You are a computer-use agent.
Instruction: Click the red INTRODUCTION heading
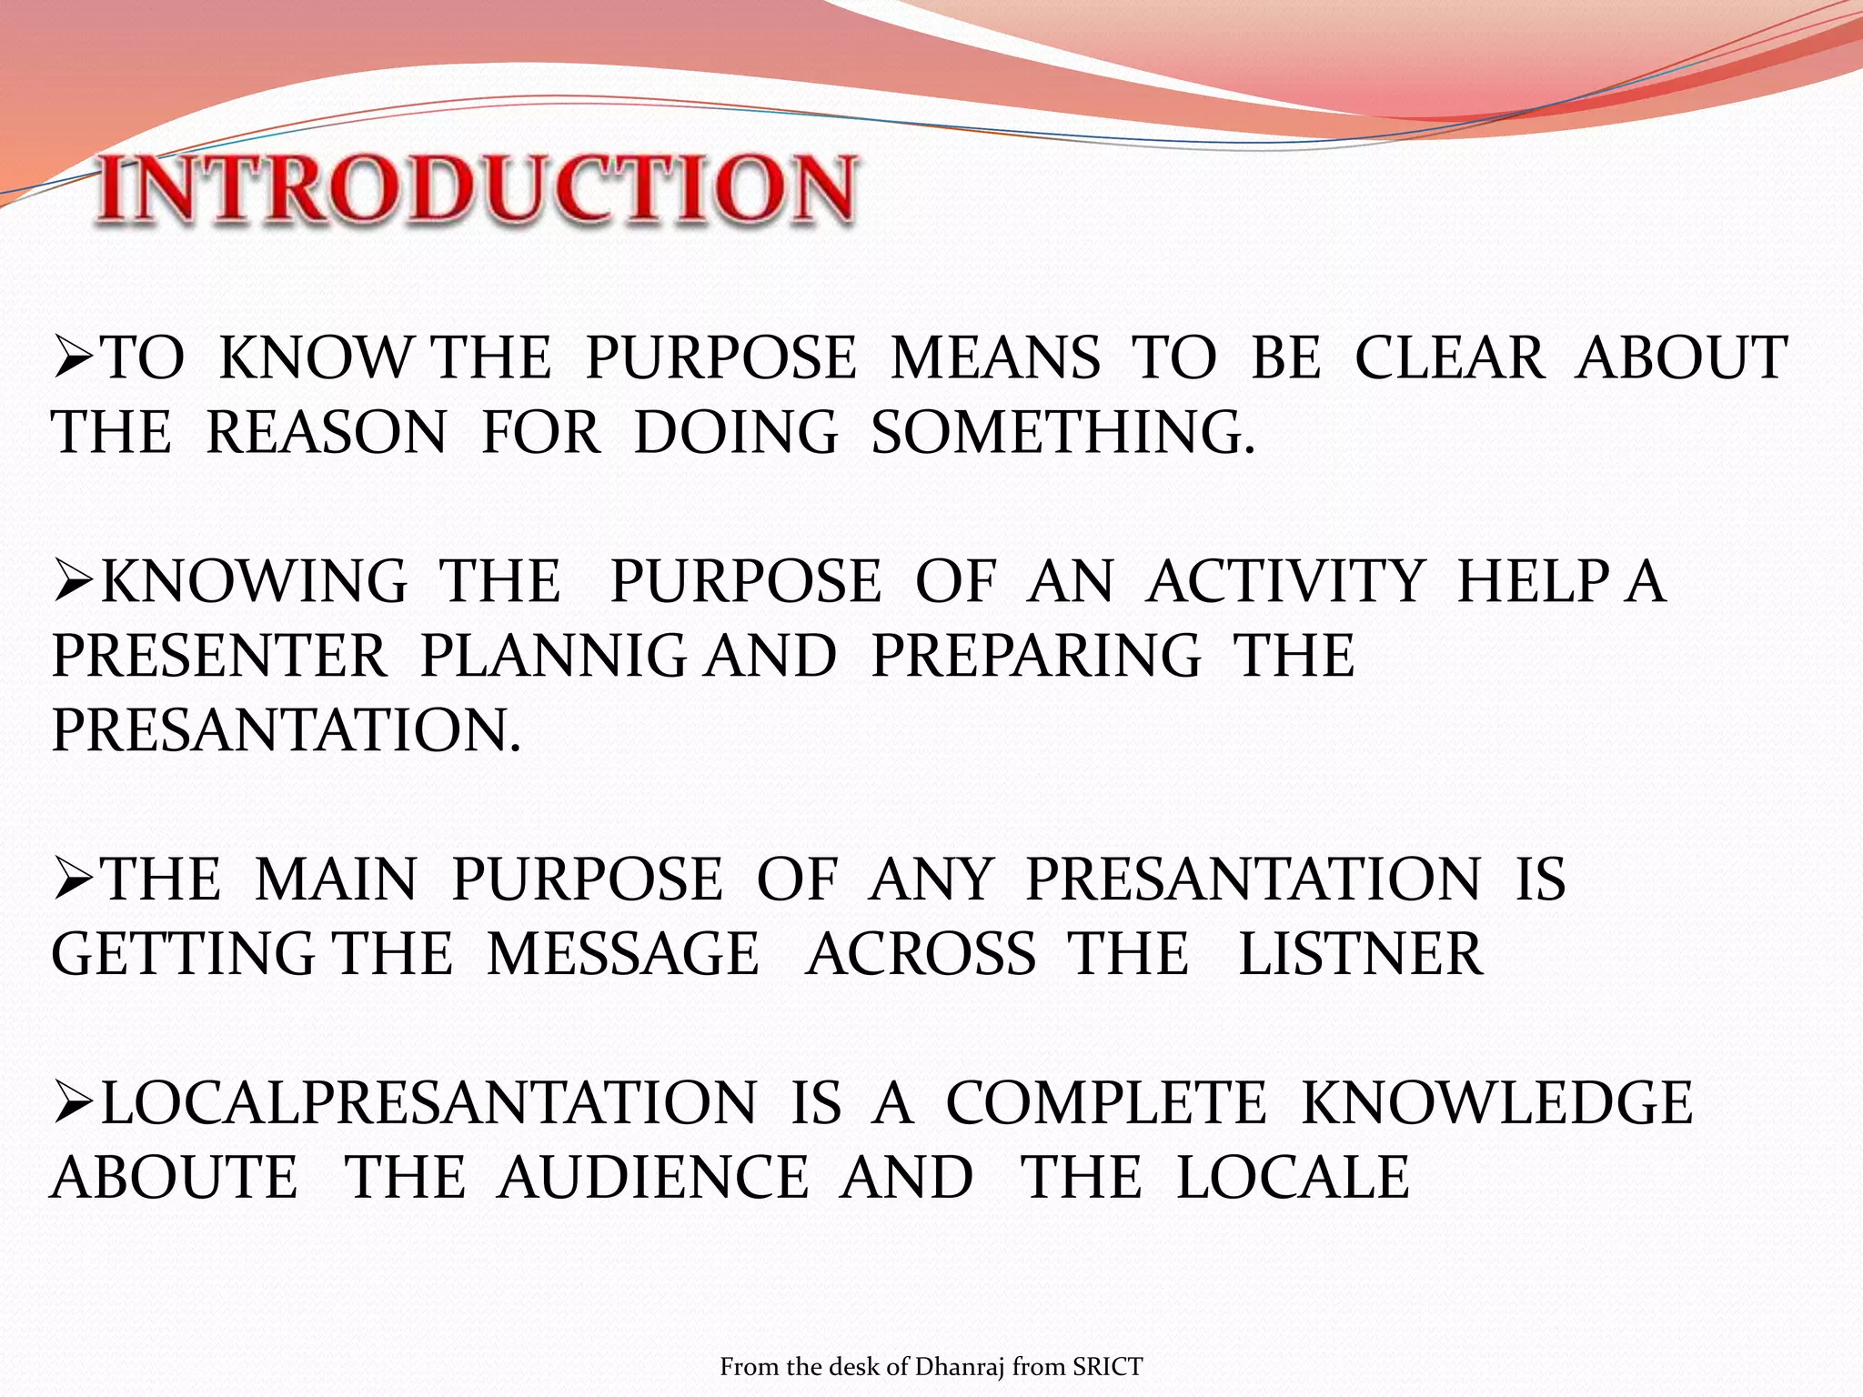(x=477, y=188)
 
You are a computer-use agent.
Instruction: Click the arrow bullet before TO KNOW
(x=75, y=357)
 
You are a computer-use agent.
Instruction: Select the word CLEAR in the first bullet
(x=1449, y=357)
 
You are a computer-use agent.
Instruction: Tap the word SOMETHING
(x=1062, y=432)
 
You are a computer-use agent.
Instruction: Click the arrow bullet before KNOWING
(x=75, y=582)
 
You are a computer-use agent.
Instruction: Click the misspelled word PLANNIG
(x=554, y=656)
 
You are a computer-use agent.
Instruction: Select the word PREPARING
(x=1035, y=656)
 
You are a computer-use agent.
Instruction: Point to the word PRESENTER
(x=219, y=656)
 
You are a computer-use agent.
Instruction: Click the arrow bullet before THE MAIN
(x=75, y=879)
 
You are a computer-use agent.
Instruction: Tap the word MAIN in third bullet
(x=336, y=879)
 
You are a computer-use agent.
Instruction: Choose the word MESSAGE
(x=622, y=954)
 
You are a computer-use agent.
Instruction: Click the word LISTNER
(x=1361, y=954)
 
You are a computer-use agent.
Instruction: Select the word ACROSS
(x=920, y=954)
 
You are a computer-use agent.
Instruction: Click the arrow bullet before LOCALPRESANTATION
(x=75, y=1103)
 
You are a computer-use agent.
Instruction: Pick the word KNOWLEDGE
(x=1496, y=1103)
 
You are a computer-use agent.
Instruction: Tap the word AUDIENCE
(x=652, y=1178)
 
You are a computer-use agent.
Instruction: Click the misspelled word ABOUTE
(x=174, y=1178)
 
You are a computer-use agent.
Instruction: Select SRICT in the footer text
(x=1107, y=1367)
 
